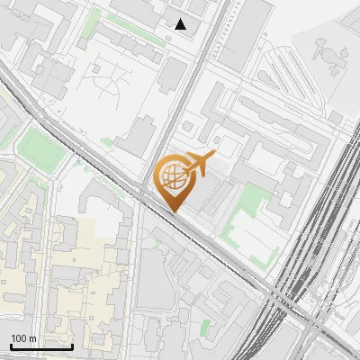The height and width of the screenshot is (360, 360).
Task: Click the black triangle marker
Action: point(181,24)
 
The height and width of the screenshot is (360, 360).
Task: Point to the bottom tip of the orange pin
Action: point(175,213)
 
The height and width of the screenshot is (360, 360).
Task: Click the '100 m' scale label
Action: point(23,338)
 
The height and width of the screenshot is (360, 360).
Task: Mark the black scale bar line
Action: point(41,346)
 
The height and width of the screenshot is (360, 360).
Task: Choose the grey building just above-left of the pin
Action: point(138,135)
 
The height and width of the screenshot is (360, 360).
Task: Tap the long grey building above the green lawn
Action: point(261,126)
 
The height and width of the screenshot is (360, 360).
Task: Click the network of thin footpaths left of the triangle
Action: point(108,85)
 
